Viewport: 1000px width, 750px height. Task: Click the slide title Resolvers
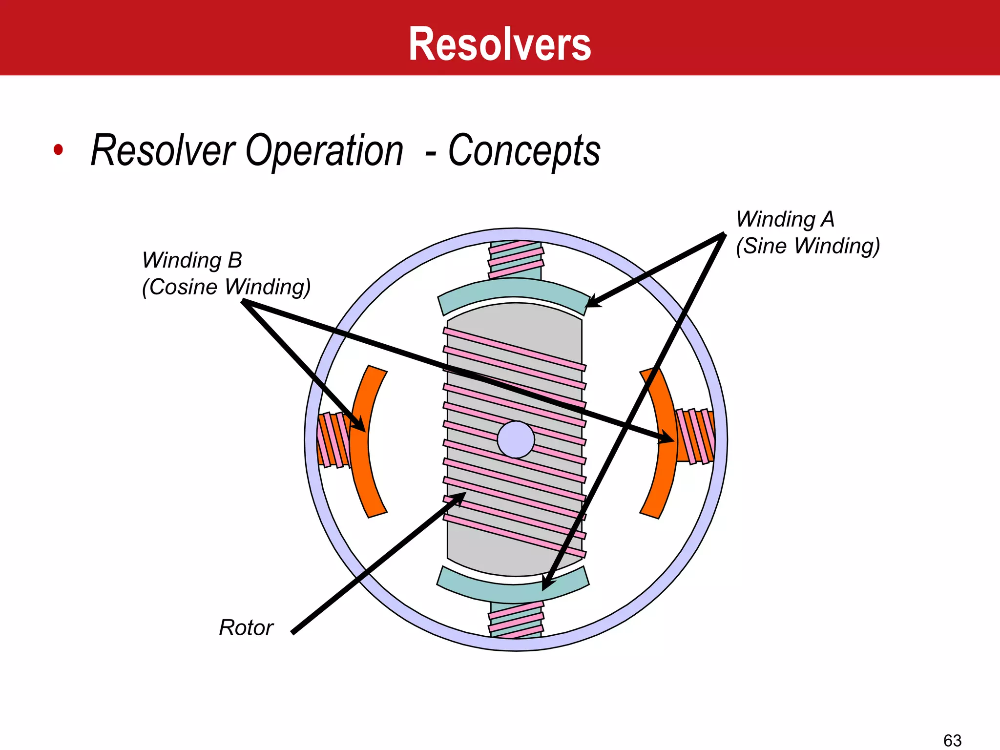tap(500, 44)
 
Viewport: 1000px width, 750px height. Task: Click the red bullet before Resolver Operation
tap(59, 150)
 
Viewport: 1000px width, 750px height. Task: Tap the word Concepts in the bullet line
tap(524, 151)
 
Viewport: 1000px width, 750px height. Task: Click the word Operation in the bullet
tap(324, 151)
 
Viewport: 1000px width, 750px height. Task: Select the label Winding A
tap(785, 219)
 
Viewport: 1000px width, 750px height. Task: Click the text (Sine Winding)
tap(808, 246)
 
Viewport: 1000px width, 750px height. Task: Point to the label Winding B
tap(192, 260)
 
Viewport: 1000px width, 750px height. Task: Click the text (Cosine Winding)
tap(226, 287)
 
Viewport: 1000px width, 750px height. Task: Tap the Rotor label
tap(246, 627)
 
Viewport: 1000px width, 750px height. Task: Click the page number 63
tap(952, 740)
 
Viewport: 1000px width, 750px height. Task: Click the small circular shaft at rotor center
tap(516, 439)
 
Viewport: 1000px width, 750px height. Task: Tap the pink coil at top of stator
tap(516, 259)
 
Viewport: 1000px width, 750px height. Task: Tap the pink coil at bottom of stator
tap(516, 620)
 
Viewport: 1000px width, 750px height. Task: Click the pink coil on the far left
tap(333, 439)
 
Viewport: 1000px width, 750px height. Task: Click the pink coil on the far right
tap(695, 436)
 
